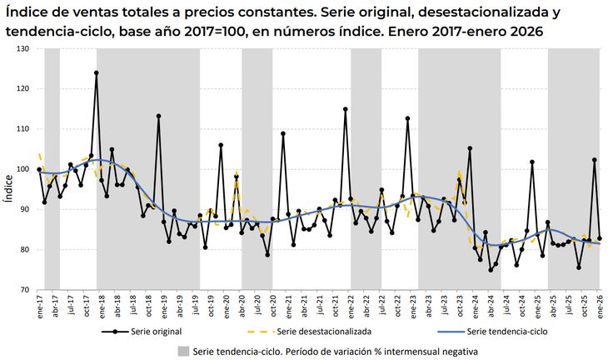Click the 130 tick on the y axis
23,49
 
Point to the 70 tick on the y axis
23,290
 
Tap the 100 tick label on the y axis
23,169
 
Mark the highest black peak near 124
97,72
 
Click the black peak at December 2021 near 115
346,109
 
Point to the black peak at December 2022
407,118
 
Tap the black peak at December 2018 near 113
158,116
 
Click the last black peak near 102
595,160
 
